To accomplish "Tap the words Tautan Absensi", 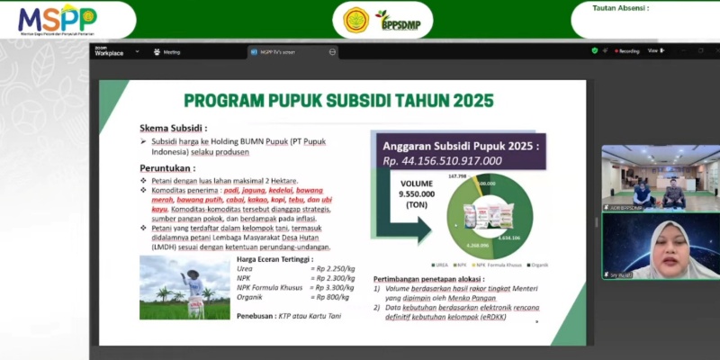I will click(621, 8).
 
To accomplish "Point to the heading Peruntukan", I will click(167, 168).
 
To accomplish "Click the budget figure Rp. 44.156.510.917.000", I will click(443, 160).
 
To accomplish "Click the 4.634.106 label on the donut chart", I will click(520, 238).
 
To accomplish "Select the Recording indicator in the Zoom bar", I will click(625, 51).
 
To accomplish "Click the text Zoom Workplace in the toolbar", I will click(109, 51).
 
